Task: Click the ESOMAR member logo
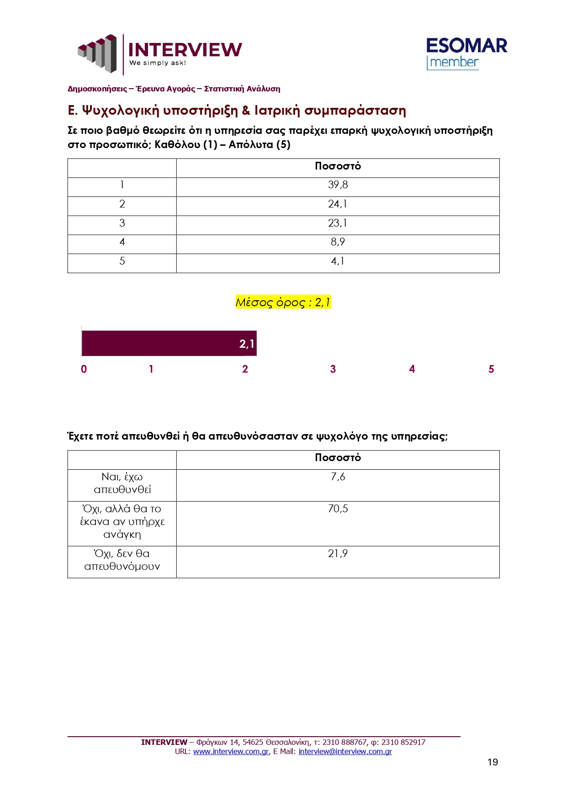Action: click(x=466, y=53)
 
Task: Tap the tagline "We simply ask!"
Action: click(x=158, y=63)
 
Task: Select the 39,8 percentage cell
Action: click(x=338, y=185)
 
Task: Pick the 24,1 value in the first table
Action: click(x=338, y=204)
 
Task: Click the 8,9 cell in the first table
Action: click(x=338, y=242)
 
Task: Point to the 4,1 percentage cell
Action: click(x=338, y=261)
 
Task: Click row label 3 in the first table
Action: click(x=122, y=223)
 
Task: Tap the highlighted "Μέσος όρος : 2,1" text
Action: click(x=283, y=302)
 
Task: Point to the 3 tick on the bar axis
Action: click(x=333, y=369)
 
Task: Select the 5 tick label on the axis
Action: click(x=491, y=369)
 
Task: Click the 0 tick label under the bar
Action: click(x=84, y=369)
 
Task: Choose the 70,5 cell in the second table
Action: click(x=338, y=509)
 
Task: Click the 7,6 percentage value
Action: click(x=338, y=477)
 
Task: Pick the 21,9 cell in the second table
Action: click(x=338, y=554)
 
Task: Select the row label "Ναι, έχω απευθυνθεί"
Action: click(x=122, y=483)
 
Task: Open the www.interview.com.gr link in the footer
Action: click(x=231, y=752)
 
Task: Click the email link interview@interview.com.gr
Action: click(x=345, y=752)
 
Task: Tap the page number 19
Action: click(x=493, y=762)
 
